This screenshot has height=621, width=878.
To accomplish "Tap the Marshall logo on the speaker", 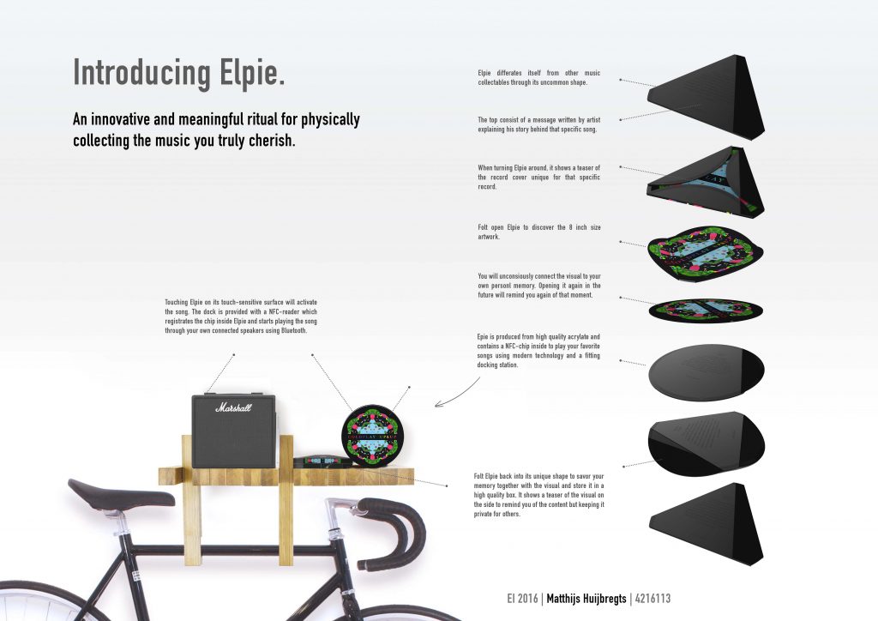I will (x=233, y=408).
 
